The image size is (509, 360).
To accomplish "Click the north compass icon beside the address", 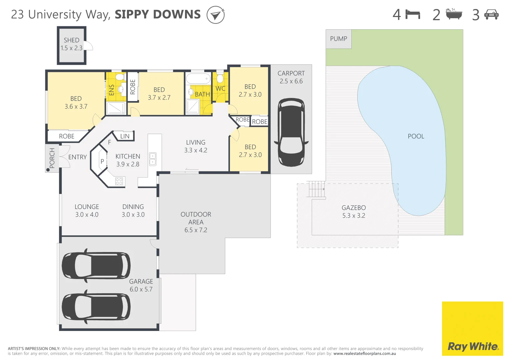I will [215, 15].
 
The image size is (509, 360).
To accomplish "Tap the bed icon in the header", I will [413, 15].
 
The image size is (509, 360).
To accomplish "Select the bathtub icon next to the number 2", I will [454, 14].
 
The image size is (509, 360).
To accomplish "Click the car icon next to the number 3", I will [491, 15].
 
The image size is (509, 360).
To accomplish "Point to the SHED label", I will [71, 40].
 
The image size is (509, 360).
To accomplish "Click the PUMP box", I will [338, 39].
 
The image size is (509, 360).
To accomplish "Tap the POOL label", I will [416, 136].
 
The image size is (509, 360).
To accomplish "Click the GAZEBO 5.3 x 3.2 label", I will [353, 212].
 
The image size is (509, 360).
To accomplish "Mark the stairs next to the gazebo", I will [316, 189].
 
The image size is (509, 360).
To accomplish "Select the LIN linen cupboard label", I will [125, 136].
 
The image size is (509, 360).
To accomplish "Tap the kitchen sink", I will [152, 159].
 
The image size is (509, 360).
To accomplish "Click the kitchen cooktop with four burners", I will [119, 181].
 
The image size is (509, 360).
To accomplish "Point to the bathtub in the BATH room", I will [198, 79].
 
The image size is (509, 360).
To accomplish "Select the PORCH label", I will [52, 158].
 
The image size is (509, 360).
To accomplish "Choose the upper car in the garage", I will [96, 265].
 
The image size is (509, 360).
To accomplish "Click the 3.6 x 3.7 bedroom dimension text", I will [76, 107].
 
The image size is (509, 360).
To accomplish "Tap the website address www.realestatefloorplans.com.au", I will [364, 354].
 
